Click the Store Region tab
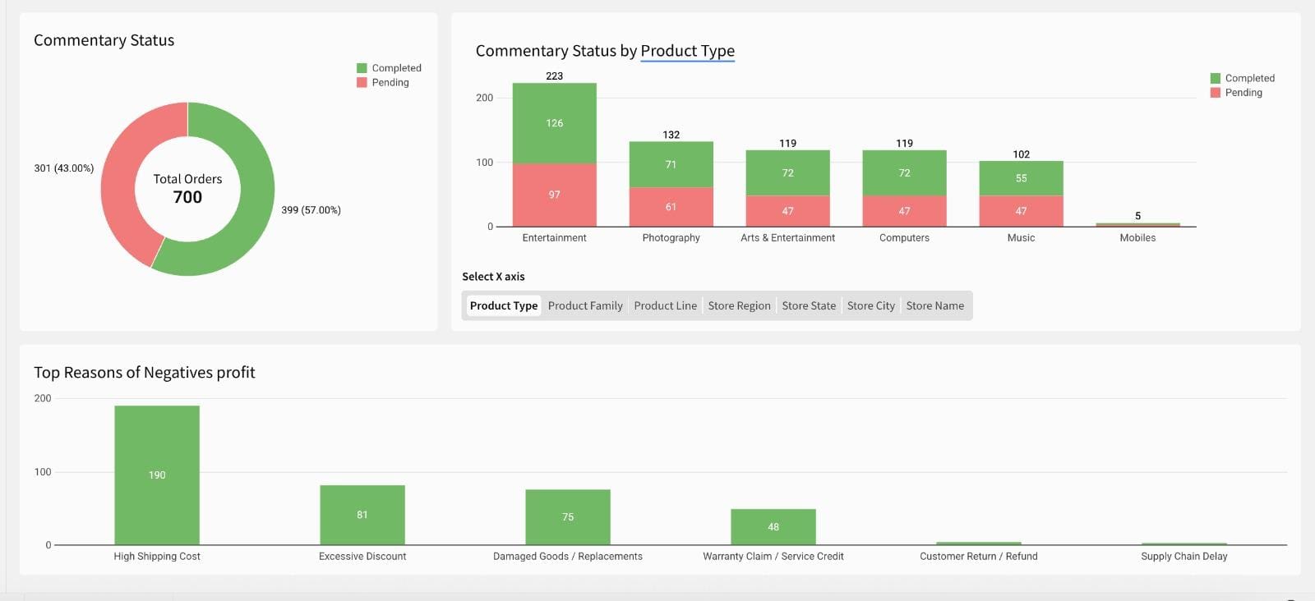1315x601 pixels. pyautogui.click(x=739, y=305)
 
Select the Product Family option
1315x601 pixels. pyautogui.click(x=585, y=305)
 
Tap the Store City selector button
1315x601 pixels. pyautogui.click(x=870, y=305)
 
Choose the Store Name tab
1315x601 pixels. pyautogui.click(x=934, y=305)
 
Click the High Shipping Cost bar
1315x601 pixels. pyautogui.click(x=157, y=475)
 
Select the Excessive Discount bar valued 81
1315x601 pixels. pyautogui.click(x=362, y=515)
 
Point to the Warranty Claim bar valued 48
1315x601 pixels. pyautogui.click(x=773, y=526)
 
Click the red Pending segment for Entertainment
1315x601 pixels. pyautogui.click(x=555, y=195)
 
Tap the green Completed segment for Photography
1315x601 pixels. pyautogui.click(x=671, y=164)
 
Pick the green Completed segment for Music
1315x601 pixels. pyautogui.click(x=1021, y=178)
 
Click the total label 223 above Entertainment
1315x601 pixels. pyautogui.click(x=555, y=76)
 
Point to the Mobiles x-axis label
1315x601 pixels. pyautogui.click(x=1137, y=237)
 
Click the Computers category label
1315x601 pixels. pyautogui.click(x=904, y=237)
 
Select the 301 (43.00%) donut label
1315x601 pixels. pyautogui.click(x=63, y=168)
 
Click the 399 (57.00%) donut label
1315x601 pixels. pyautogui.click(x=311, y=210)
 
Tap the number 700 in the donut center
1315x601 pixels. pyautogui.click(x=187, y=197)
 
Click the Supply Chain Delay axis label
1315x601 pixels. pyautogui.click(x=1183, y=556)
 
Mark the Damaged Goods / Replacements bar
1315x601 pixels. pyautogui.click(x=568, y=516)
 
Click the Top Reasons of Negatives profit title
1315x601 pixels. pyautogui.click(x=145, y=372)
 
